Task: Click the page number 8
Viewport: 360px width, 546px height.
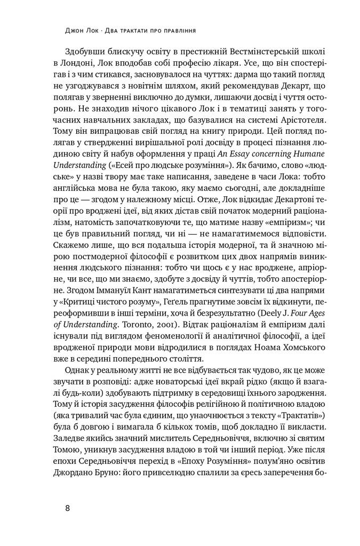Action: click(68, 507)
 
